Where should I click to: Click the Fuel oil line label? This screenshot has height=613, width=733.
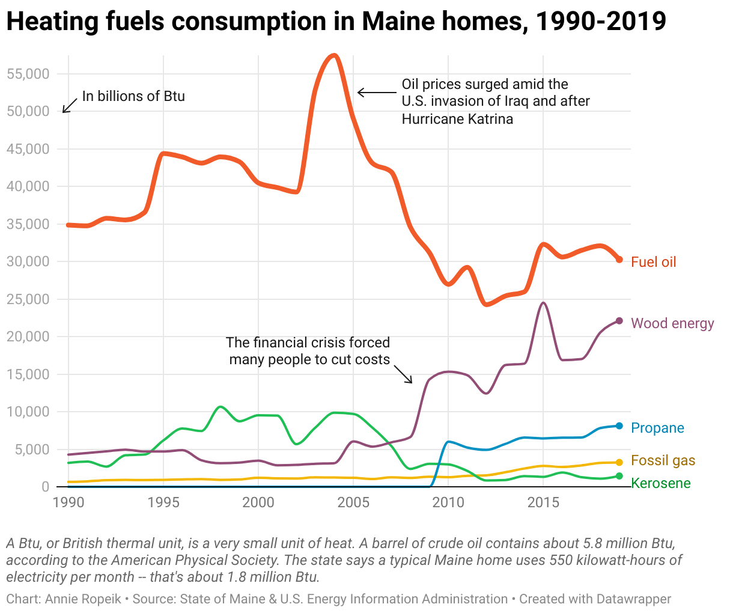click(x=653, y=262)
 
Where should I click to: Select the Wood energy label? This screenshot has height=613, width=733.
click(x=672, y=323)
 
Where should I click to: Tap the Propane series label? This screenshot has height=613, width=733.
click(x=657, y=428)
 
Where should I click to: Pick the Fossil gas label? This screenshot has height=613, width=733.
click(x=663, y=460)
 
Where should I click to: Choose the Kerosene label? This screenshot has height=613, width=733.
click(x=661, y=483)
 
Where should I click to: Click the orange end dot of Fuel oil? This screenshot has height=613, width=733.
click(x=619, y=260)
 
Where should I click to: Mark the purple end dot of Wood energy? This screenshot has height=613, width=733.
click(x=619, y=321)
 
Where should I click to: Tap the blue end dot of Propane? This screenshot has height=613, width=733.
click(x=619, y=425)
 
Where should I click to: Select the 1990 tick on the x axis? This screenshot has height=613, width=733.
click(x=68, y=502)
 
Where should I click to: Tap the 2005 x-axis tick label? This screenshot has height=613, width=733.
click(x=353, y=502)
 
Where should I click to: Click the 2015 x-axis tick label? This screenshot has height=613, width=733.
click(x=543, y=502)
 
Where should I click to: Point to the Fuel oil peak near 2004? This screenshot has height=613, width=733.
click(x=335, y=56)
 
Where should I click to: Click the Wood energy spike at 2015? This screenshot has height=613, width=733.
click(x=543, y=303)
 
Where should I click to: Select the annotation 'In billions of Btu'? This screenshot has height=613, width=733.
click(x=133, y=96)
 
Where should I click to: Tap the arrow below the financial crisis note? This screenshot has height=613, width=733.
click(x=404, y=374)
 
